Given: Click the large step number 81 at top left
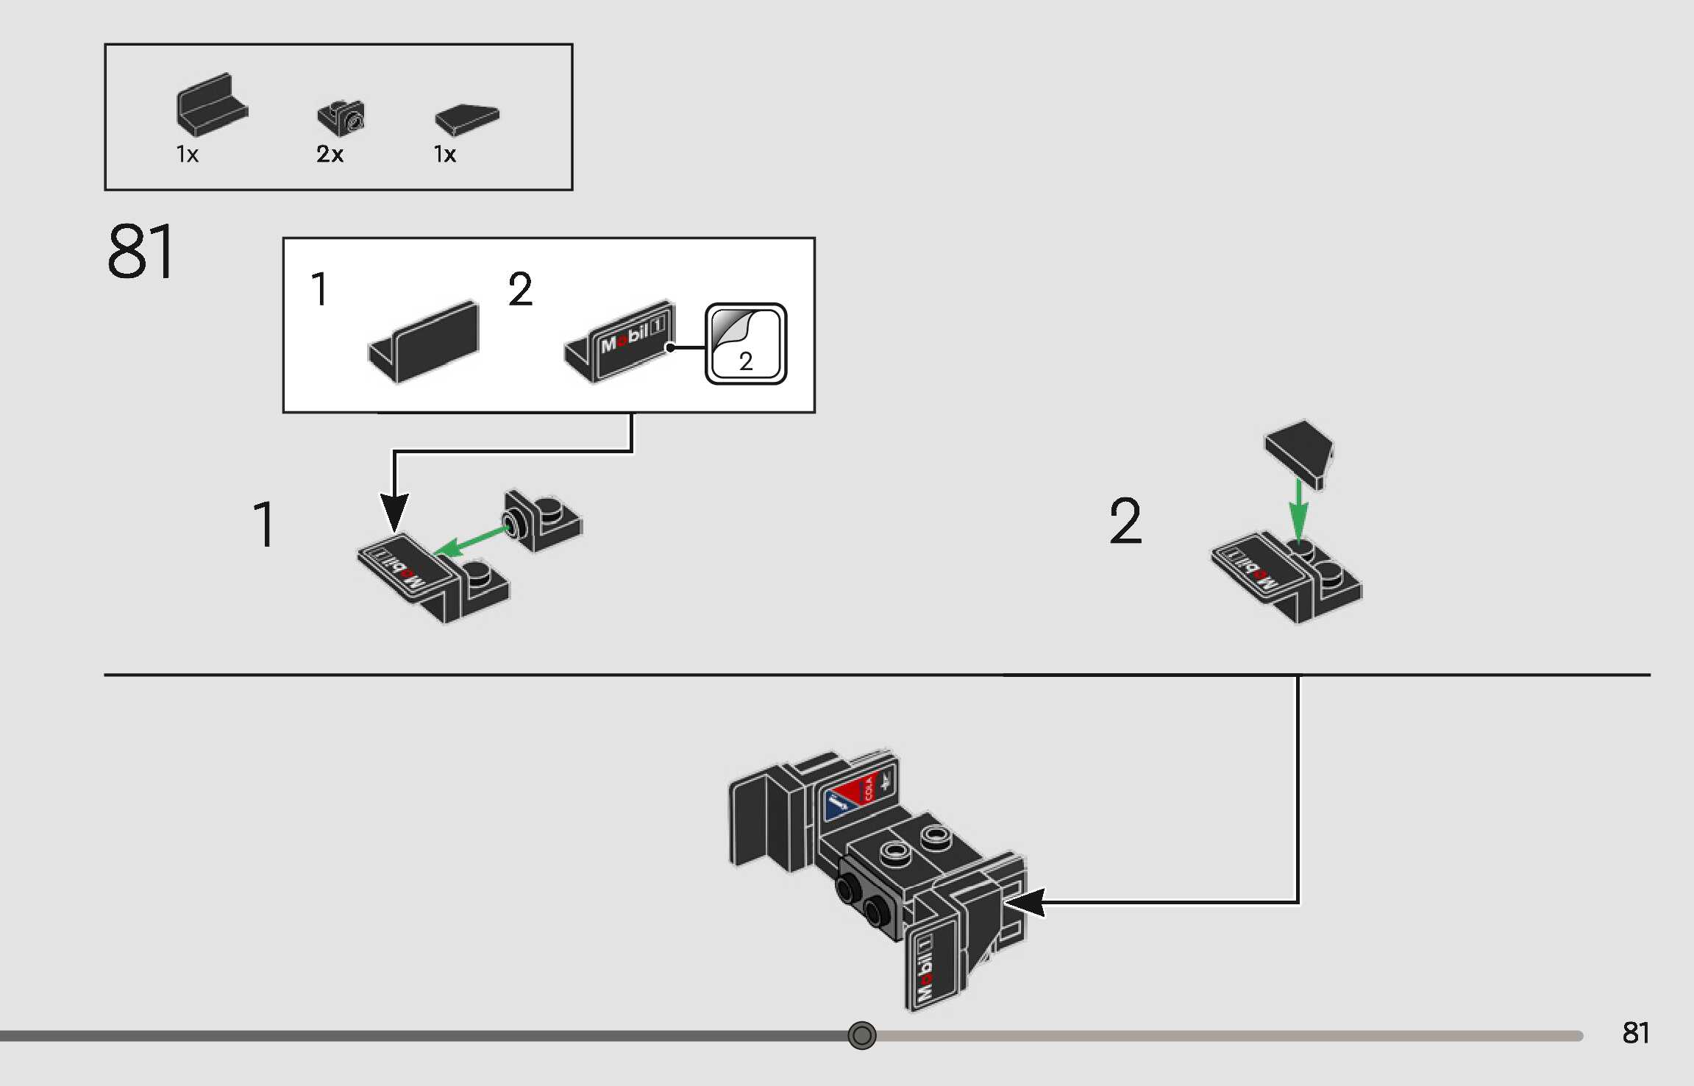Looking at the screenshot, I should [141, 252].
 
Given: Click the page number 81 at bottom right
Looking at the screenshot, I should [1635, 1033].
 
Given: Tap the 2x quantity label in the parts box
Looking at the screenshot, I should [330, 155].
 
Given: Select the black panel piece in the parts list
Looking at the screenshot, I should [211, 104].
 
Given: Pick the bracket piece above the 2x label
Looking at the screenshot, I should [341, 117].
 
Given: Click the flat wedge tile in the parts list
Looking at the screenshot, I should [467, 118].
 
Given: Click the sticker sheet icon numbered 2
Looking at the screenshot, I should [746, 344].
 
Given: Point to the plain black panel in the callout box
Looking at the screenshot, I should [425, 341].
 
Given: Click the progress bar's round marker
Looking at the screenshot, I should [862, 1035].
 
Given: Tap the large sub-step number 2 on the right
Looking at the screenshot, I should [1125, 521].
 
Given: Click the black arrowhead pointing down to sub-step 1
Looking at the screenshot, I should [394, 511].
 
